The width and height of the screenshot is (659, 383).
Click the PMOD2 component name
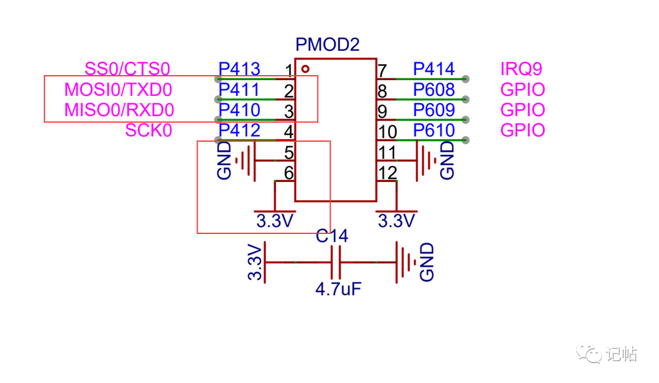(x=328, y=44)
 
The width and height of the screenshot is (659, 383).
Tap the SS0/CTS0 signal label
(x=128, y=68)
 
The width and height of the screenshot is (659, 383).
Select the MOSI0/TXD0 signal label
(x=118, y=89)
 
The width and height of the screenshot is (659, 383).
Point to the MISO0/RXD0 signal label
(x=119, y=109)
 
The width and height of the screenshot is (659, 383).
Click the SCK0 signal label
(x=148, y=130)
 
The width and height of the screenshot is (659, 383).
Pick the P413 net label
(x=239, y=68)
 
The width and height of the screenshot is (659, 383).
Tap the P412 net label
(x=239, y=130)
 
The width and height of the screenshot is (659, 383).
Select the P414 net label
(x=434, y=68)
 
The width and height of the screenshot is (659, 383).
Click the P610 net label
(x=434, y=130)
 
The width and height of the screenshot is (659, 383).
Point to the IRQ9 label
(x=521, y=68)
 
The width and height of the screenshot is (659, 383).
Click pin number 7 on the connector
(x=382, y=70)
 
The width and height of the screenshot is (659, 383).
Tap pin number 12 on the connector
(x=387, y=172)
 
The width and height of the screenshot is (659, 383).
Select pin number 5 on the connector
(x=289, y=152)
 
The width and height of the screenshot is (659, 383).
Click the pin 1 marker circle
(x=306, y=68)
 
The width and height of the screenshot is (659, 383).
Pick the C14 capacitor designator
(x=332, y=236)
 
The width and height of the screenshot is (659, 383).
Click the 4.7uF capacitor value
(x=338, y=289)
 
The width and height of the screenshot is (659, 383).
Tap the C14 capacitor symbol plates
(x=336, y=262)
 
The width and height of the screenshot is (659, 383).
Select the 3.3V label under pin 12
(x=397, y=221)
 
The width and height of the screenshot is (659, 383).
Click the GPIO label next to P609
(x=522, y=109)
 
